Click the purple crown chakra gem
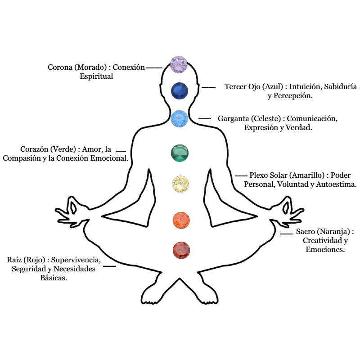pyautogui.click(x=179, y=64)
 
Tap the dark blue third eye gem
pyautogui.click(x=180, y=91)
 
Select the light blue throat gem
pyautogui.click(x=179, y=119)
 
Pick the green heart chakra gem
pyautogui.click(x=180, y=153)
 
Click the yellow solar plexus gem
pyautogui.click(x=181, y=184)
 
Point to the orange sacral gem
pyautogui.click(x=181, y=220)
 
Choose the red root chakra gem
pyautogui.click(x=181, y=251)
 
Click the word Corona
pyautogui.click(x=60, y=67)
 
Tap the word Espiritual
pyautogui.click(x=96, y=76)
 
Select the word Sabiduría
pyautogui.click(x=341, y=86)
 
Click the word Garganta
pyautogui.click(x=233, y=119)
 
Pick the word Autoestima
pyautogui.click(x=336, y=184)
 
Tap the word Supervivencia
pyautogui.click(x=76, y=260)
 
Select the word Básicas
pyautogui.click(x=54, y=278)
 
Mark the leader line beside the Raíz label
pyautogui.click(x=109, y=266)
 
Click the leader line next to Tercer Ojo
pyautogui.click(x=208, y=87)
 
